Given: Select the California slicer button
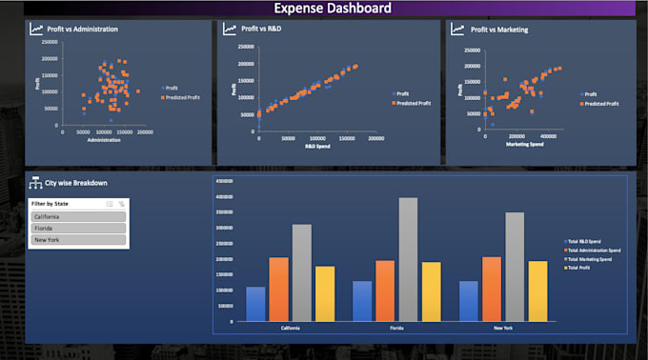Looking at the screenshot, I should pos(78,216).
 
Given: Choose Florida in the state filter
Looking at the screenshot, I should pos(78,229).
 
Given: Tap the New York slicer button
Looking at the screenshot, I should pos(78,241).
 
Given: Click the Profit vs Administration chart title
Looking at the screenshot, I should pos(82,30).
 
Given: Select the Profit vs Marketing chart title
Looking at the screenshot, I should pos(499,30).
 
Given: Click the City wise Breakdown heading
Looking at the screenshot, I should pos(75,183).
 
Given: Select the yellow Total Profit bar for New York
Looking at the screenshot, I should pos(537,290).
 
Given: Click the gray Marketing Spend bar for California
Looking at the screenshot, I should pos(301,272).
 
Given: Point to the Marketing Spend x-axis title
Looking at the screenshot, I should pos(524,146).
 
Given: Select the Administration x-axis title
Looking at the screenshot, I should pos(104,140).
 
